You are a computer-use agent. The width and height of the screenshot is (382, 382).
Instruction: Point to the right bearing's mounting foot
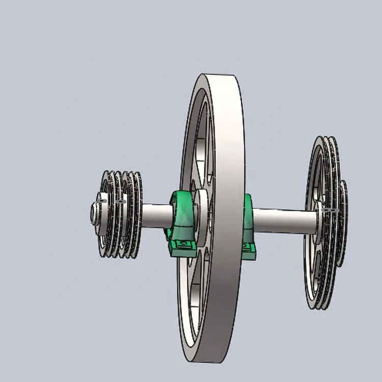(248, 250)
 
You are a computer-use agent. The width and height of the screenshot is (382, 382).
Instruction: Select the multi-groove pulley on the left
(120, 214)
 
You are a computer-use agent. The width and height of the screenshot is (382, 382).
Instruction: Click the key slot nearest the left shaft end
(102, 202)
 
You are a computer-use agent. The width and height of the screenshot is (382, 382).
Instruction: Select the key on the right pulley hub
(330, 210)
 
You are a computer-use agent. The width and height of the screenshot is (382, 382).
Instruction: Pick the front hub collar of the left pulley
(102, 214)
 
